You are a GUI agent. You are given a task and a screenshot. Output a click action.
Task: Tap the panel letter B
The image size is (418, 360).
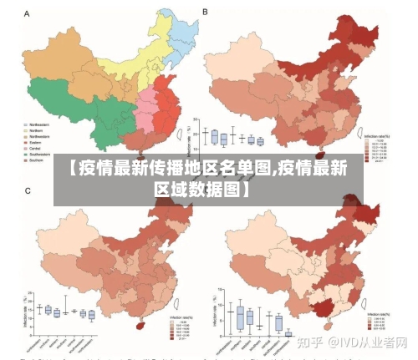pos(206,13)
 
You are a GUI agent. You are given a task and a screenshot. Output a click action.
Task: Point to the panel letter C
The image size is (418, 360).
pos(27,191)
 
